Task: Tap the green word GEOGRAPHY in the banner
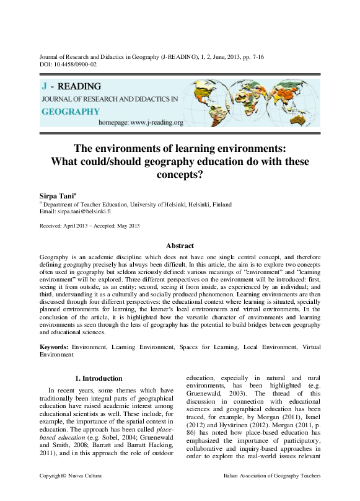71,112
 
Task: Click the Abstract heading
180,246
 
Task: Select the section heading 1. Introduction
99,378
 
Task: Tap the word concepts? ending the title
180,174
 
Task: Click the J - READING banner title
71,86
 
